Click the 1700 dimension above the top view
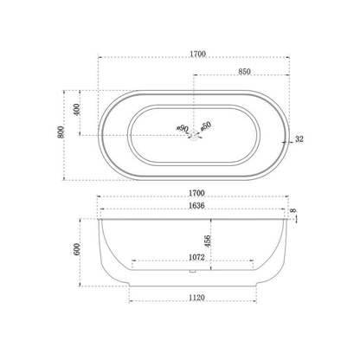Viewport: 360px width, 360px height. (x=197, y=54)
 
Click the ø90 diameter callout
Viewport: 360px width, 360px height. (x=183, y=129)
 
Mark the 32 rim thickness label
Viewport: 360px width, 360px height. (x=299, y=138)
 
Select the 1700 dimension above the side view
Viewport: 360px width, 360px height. (x=197, y=196)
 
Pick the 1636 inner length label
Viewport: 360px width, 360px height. (x=197, y=208)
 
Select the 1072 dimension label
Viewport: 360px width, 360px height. (x=196, y=257)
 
